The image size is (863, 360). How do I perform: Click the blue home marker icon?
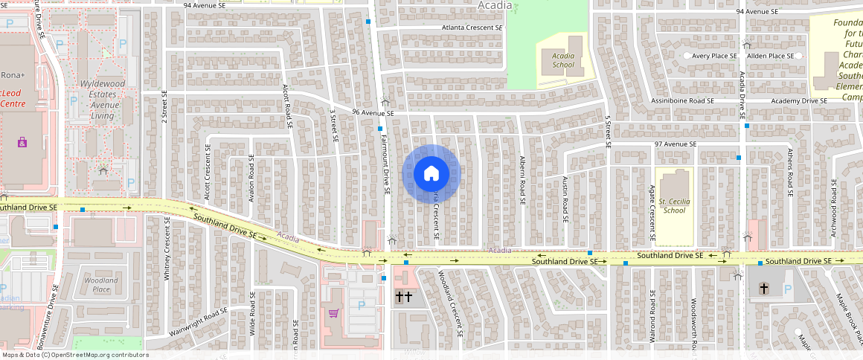pos(431,174)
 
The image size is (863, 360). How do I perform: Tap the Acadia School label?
pos(563,60)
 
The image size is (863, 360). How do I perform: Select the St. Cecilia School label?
pos(673,205)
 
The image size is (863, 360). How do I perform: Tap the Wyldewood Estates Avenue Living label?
pos(103,100)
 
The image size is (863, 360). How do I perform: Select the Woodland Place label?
pos(100,285)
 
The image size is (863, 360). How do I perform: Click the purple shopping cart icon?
pos(333,313)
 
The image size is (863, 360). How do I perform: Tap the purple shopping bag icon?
pos(22,141)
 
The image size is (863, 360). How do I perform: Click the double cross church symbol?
pos(403,298)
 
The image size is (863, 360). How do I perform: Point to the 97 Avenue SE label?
pos(675,144)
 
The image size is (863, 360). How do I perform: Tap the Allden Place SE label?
pos(770,56)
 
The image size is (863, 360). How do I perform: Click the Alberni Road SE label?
pos(523,181)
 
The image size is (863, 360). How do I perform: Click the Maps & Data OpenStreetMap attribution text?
pos(75,355)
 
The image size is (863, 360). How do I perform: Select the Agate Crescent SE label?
pos(652,214)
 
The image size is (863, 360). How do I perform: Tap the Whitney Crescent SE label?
pos(167,254)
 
